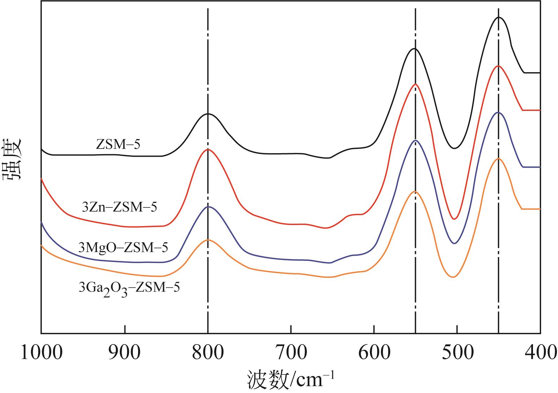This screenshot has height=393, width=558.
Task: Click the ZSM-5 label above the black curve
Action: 118,144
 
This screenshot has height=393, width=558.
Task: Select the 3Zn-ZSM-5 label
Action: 119,207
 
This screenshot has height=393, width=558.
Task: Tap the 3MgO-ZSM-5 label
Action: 123,248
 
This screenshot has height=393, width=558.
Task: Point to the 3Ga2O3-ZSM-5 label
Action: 129,288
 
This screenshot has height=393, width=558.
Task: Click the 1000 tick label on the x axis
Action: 42,353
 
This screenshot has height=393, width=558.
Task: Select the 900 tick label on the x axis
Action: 125,353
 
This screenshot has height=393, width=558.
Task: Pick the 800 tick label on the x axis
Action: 208,353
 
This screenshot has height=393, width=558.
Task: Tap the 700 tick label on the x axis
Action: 291,353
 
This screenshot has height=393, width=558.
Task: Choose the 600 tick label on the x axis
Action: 374,353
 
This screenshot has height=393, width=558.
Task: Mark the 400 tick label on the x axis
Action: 540,353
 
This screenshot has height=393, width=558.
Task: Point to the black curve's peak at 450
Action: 499,17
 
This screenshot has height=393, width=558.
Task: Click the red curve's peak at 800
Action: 208,149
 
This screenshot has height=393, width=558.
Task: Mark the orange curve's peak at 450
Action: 498,158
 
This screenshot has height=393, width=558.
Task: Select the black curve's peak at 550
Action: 415,49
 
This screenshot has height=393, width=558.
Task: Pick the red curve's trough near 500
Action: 454,219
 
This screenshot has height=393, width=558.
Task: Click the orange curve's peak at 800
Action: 208,239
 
